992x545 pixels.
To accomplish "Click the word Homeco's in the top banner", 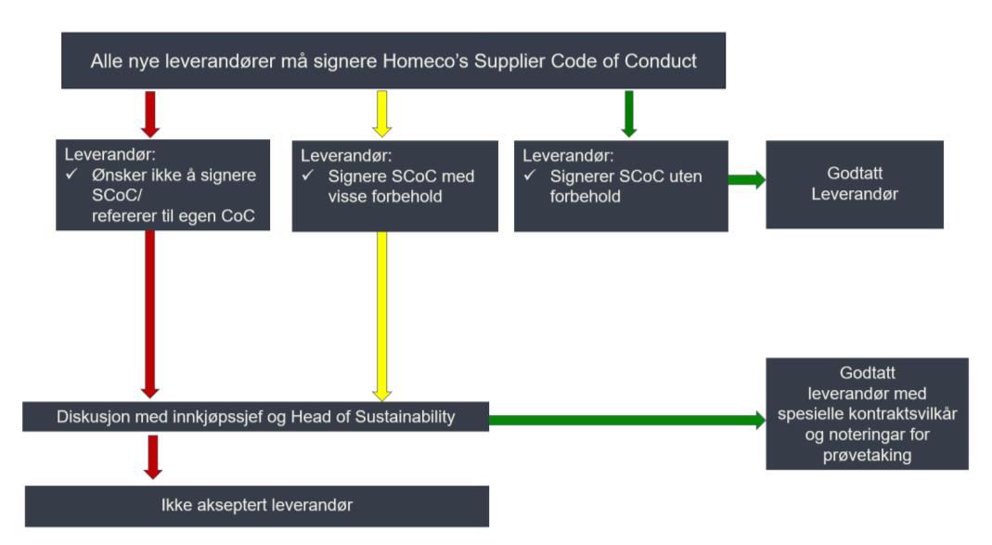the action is [x=426, y=60].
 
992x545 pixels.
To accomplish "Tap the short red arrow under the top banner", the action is [x=150, y=114].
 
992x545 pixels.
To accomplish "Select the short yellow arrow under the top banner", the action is [x=381, y=114].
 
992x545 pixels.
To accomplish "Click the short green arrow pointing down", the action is [x=628, y=114].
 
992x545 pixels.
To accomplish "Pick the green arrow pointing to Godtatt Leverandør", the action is [x=746, y=180].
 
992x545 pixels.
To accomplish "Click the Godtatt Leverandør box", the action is [x=855, y=184].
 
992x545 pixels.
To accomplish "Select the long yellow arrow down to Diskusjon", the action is [x=381, y=317].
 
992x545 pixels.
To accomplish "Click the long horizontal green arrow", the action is [x=627, y=420].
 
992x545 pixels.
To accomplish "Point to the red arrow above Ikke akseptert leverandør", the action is [x=152, y=457].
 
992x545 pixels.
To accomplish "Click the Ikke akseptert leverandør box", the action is [x=257, y=506].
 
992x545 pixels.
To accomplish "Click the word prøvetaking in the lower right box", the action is [x=867, y=455].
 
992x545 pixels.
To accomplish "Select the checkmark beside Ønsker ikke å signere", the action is [x=71, y=174].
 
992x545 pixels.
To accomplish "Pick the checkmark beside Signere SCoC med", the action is [x=308, y=175].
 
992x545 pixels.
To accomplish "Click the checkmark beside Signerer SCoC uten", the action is [x=530, y=175].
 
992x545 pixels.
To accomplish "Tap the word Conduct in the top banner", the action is [x=661, y=60].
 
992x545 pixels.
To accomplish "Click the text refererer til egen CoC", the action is [x=174, y=215].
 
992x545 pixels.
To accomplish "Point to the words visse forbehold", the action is [x=385, y=196].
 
